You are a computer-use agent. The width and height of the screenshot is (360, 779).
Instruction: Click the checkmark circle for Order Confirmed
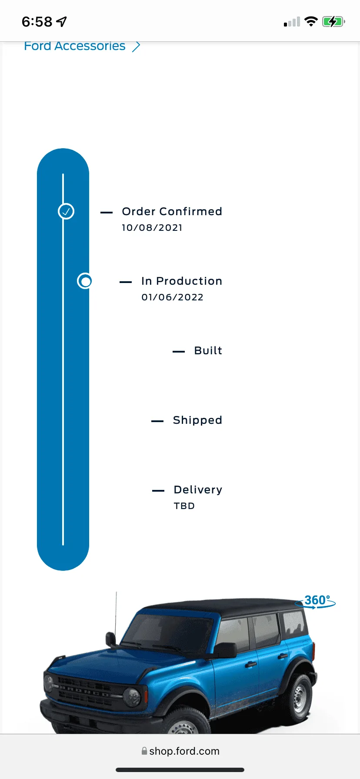pyautogui.click(x=66, y=212)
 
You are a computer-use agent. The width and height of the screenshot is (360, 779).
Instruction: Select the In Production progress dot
pyautogui.click(x=85, y=281)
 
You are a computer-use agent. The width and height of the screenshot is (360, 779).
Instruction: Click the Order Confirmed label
pyautogui.click(x=172, y=212)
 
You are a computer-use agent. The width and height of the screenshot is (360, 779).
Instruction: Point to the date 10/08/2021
pyautogui.click(x=152, y=228)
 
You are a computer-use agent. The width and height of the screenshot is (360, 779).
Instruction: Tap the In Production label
pyautogui.click(x=182, y=281)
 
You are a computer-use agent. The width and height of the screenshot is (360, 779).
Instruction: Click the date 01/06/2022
pyautogui.click(x=172, y=297)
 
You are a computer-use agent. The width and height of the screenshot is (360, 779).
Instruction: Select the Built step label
pyautogui.click(x=208, y=351)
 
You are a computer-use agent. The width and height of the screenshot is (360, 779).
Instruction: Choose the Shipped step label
pyautogui.click(x=197, y=420)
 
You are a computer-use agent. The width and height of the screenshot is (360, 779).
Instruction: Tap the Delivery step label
pyautogui.click(x=198, y=490)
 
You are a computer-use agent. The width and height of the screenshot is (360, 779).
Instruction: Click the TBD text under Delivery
pyautogui.click(x=184, y=506)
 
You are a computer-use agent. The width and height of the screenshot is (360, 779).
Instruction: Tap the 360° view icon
pyautogui.click(x=316, y=602)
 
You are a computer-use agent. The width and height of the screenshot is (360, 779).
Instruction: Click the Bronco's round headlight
pyautogui.click(x=132, y=697)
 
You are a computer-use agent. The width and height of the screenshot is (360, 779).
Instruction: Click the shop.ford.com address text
pyautogui.click(x=184, y=751)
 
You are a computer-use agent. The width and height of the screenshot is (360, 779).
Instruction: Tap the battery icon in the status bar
pyautogui.click(x=333, y=21)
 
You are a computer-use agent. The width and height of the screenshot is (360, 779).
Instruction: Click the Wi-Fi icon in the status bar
pyautogui.click(x=311, y=21)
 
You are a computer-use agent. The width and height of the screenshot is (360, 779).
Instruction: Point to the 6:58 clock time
pyautogui.click(x=37, y=22)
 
